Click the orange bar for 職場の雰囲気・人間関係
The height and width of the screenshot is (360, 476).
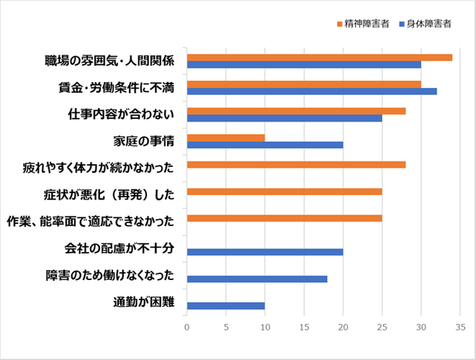[319, 57]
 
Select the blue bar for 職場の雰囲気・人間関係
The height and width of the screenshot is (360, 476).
[304, 64]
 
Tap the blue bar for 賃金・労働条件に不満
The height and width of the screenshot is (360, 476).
[311, 91]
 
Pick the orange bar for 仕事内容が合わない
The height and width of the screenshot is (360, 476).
[296, 110]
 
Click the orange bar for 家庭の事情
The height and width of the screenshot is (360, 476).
[225, 138]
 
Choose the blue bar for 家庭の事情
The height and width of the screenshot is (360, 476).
[264, 145]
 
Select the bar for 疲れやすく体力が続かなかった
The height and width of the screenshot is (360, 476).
[296, 164]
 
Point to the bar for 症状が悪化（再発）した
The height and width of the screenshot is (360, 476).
[284, 192]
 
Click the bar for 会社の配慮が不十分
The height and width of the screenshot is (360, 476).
[264, 252]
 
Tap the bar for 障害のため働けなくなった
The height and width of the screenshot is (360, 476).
[256, 279]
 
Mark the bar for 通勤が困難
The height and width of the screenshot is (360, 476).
[225, 305]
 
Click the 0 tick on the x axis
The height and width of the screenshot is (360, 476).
[187, 328]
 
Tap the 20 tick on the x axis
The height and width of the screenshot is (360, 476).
[343, 328]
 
